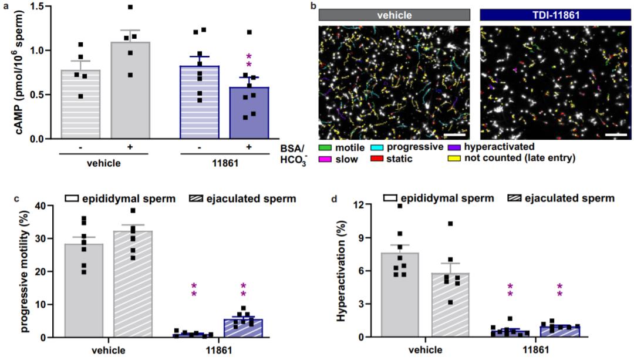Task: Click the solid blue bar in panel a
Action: [x=249, y=113]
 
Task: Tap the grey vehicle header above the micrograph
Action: [x=394, y=15]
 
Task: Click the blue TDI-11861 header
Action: [x=554, y=15]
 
